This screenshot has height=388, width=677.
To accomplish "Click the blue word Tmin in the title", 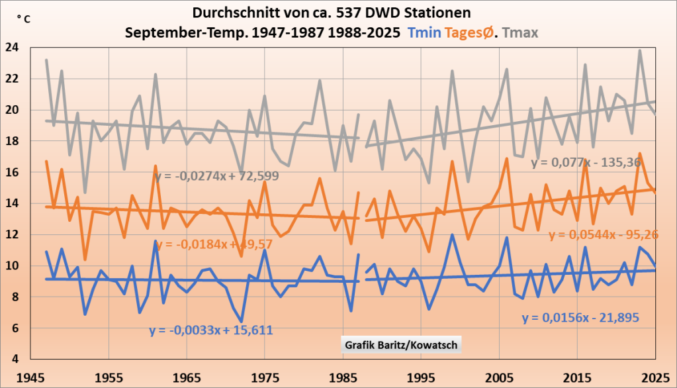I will pos(425,32).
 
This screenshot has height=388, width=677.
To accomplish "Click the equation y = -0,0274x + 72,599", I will pos(216,176).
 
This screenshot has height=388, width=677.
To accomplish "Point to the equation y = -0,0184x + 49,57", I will pos(215,244).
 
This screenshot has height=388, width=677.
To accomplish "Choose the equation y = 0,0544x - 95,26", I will pos(604,234).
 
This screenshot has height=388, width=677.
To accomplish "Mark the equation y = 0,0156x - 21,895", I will pos(580,318).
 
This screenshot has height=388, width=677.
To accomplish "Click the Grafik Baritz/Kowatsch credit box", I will pos(401,345).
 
